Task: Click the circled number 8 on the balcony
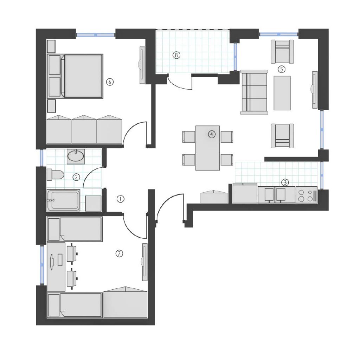click(176, 55)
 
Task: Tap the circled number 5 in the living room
click(282, 69)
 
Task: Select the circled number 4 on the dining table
click(212, 134)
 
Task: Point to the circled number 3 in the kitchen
click(285, 182)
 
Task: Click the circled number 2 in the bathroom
click(76, 177)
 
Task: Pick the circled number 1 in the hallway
click(121, 199)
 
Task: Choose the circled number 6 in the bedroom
click(110, 82)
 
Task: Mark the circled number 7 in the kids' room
click(119, 253)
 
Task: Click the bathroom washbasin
click(76, 156)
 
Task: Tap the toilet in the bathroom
click(55, 175)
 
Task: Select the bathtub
click(64, 200)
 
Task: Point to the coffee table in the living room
click(282, 93)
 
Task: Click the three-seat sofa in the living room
click(254, 92)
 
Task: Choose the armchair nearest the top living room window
click(282, 52)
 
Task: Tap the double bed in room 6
click(75, 76)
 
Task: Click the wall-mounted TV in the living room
click(315, 90)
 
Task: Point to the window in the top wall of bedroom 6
click(96, 35)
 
